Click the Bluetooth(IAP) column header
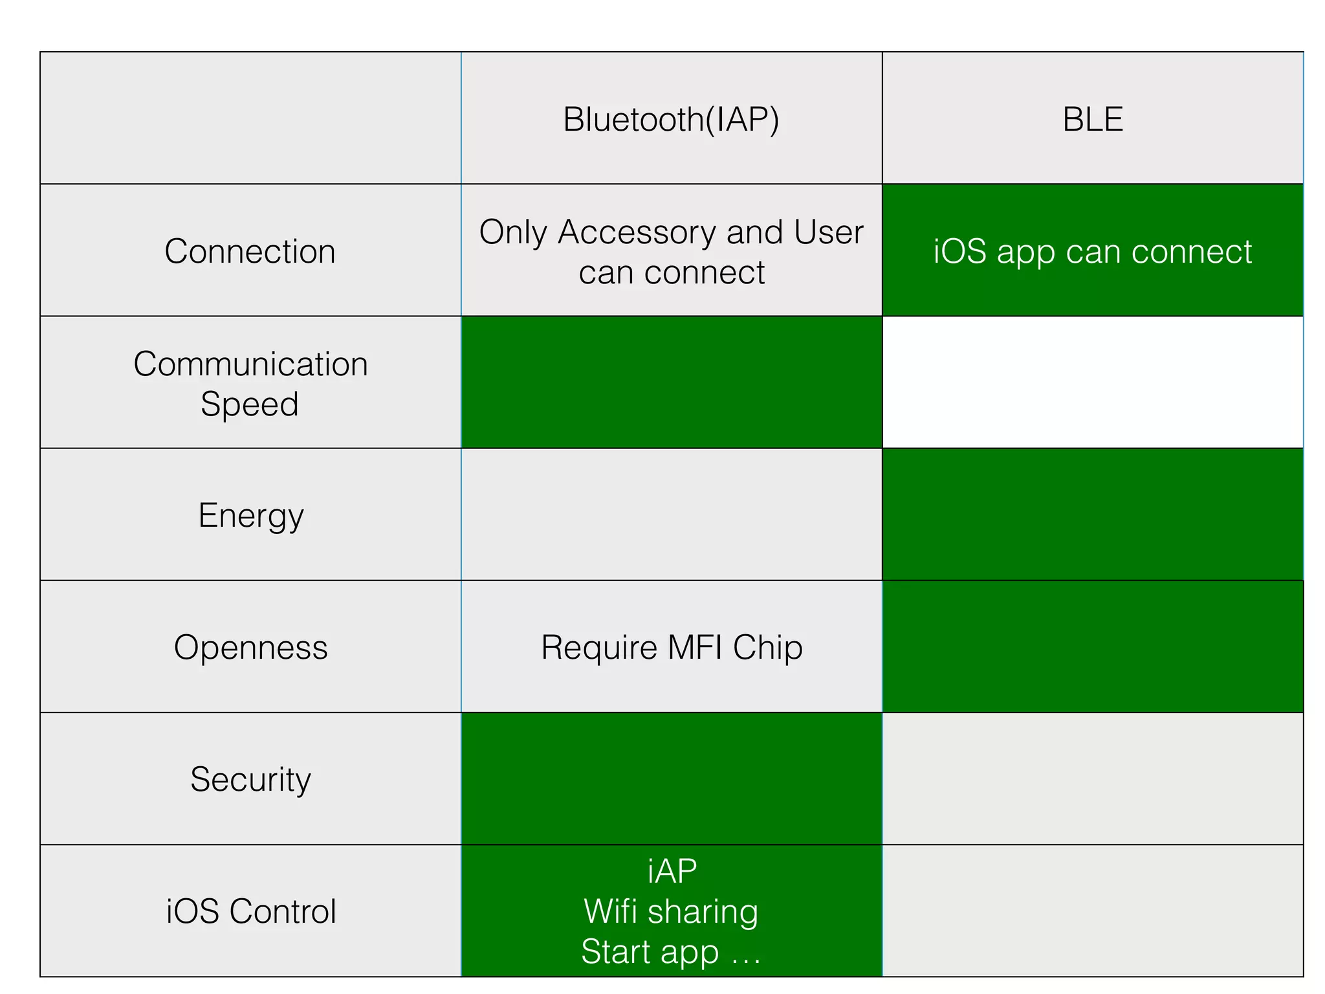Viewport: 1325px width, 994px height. coord(671,119)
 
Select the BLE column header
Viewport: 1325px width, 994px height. coord(1092,119)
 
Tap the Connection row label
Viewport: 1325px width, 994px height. coord(250,251)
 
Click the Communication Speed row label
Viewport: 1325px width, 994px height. coord(250,383)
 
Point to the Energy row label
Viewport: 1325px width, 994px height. coord(250,516)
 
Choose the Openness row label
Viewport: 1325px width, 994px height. coord(250,647)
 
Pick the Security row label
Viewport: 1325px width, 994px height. coord(250,779)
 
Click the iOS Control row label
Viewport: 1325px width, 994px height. coord(250,911)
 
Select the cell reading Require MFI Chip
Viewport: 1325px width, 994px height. coord(671,647)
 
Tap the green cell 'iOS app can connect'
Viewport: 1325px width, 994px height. coord(1092,251)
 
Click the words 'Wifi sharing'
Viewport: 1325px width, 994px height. coord(671,911)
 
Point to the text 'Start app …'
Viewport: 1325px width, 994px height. coord(671,951)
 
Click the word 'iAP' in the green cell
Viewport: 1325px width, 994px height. coord(672,871)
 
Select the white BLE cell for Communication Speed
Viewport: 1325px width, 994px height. coord(1092,382)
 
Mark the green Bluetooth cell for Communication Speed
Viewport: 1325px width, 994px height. coord(671,382)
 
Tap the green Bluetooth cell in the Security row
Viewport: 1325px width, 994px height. coord(671,779)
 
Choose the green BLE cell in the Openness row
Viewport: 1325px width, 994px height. coord(1092,646)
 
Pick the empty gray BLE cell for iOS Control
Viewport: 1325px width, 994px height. coord(1092,911)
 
